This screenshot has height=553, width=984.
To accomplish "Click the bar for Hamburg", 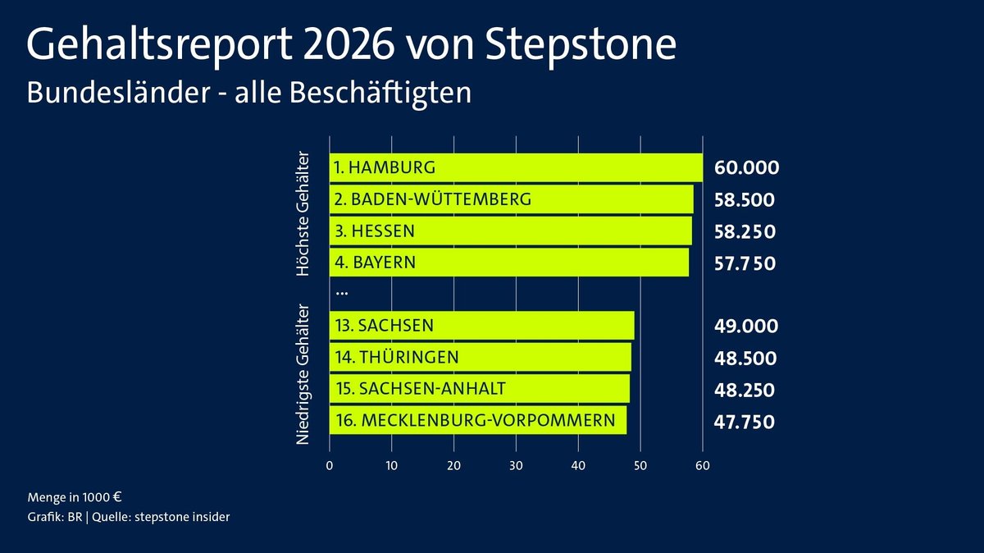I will tap(516, 167).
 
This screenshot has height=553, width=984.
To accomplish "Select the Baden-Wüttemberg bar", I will tap(511, 199).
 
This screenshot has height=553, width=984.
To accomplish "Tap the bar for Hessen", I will tap(510, 231).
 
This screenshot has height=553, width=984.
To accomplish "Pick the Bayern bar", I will tap(508, 263).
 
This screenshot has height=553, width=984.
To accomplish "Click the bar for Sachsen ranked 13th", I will tap(481, 326).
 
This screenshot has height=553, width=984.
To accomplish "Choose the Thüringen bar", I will tap(480, 358).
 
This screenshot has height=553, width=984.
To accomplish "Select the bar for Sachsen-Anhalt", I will tap(479, 390).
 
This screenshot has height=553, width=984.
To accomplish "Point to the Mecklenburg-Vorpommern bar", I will tap(477, 422).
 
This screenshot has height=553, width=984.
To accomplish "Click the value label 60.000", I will tap(745, 168).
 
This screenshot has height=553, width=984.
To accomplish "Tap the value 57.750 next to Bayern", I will tap(745, 263).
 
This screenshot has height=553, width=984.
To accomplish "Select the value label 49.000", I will tap(745, 326).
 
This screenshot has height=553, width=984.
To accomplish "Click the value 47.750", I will tap(745, 422).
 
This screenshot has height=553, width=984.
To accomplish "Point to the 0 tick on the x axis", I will tap(330, 466).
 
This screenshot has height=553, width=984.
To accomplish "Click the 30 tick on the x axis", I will tap(516, 466).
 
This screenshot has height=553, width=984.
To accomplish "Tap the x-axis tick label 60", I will tap(703, 466).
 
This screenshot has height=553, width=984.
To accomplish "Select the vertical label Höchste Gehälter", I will tap(303, 213).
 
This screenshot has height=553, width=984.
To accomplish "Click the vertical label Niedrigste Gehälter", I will tap(303, 374).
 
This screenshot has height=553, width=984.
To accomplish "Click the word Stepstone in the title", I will tap(584, 46).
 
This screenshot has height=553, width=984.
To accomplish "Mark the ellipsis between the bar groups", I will tap(342, 292).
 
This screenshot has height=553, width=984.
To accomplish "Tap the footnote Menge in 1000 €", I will tap(75, 497).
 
